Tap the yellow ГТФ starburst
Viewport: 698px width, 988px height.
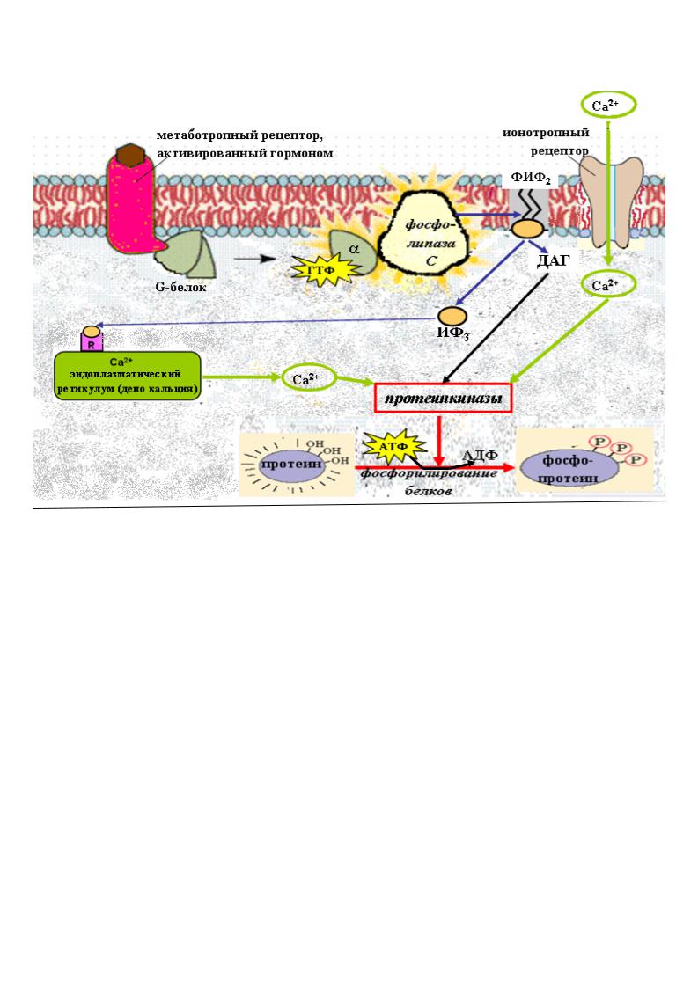coord(320,270)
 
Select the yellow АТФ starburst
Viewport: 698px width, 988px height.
coord(393,447)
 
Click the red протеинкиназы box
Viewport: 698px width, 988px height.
coord(443,399)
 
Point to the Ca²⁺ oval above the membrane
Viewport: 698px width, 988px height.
coord(608,106)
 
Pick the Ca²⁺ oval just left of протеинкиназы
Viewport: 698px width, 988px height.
coord(308,378)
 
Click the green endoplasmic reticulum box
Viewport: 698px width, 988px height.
coord(128,377)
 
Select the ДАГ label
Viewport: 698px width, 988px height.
coord(553,260)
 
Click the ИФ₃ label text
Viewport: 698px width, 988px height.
coord(452,333)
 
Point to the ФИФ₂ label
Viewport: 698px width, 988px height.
coord(530,178)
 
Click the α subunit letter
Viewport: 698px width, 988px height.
coord(354,249)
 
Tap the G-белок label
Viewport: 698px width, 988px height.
coord(180,288)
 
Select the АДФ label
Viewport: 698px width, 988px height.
coord(480,455)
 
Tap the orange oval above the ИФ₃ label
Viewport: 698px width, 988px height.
coord(453,314)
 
